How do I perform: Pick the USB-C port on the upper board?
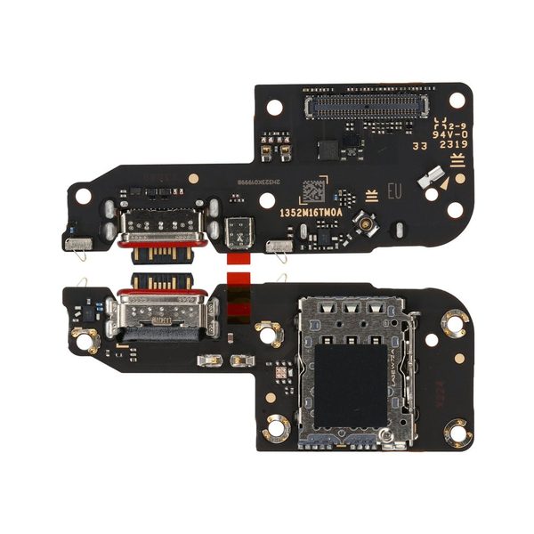click(161, 228)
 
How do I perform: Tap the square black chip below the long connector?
click(328, 148)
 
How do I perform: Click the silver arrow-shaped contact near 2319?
click(433, 182)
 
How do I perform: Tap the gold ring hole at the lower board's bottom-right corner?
click(455, 431)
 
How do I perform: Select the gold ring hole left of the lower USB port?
click(85, 339)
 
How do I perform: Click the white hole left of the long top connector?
click(274, 107)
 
